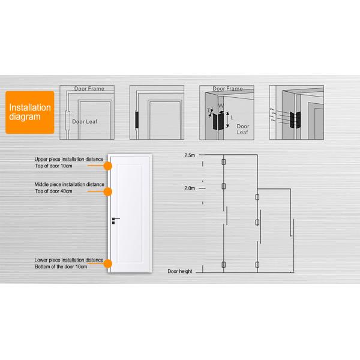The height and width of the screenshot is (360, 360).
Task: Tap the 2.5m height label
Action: [x=190, y=155]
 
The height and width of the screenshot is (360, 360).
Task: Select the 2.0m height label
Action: [x=190, y=188]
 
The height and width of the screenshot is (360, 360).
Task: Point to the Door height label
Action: [x=180, y=272]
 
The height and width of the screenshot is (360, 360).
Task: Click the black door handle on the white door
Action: [x=114, y=220]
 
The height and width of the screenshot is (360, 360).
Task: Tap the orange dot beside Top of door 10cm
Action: [x=108, y=165]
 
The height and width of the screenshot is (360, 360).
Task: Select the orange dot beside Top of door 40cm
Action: [x=108, y=191]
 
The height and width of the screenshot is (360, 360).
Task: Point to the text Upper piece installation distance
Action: [x=69, y=159]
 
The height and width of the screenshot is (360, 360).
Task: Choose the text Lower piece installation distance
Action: [x=69, y=260]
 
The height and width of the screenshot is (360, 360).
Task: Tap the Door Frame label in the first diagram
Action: [x=89, y=89]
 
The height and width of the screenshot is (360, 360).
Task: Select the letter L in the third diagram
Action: [x=233, y=118]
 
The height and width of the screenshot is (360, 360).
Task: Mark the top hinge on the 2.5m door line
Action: [x=223, y=163]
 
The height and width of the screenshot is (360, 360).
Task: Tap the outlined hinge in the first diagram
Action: [x=67, y=119]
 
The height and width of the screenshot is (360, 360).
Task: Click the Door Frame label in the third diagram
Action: [x=228, y=89]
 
